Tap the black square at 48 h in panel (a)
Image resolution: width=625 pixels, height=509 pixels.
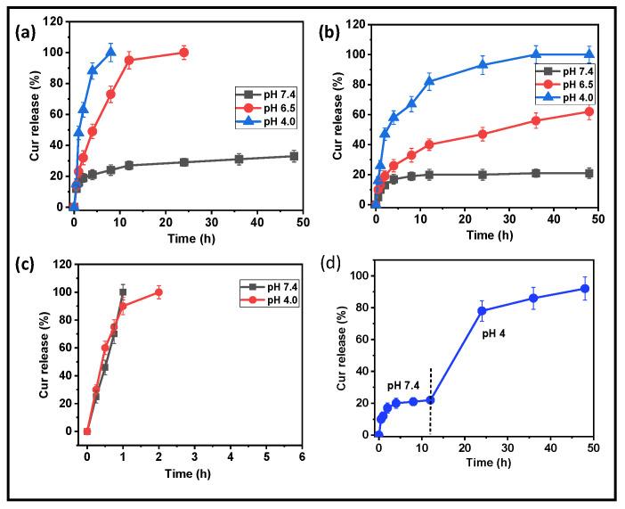pos(294,156)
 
